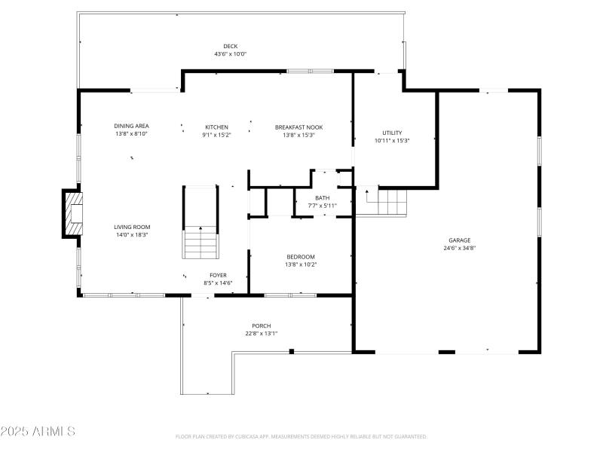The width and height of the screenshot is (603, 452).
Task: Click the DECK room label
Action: (x=230, y=46)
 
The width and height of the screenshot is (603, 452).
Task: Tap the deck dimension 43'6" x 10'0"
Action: (x=230, y=54)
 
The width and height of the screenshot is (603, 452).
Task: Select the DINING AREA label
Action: (x=131, y=126)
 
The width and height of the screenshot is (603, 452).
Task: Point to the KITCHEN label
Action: (x=216, y=127)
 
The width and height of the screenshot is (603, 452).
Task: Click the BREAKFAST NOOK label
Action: (x=298, y=127)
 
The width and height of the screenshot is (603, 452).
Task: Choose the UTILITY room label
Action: (x=392, y=133)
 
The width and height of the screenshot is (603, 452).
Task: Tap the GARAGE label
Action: (x=459, y=240)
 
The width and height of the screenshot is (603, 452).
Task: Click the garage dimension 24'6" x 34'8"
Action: (x=459, y=248)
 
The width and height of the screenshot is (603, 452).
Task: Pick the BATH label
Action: (x=322, y=197)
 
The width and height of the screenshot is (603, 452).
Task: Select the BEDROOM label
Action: (x=300, y=257)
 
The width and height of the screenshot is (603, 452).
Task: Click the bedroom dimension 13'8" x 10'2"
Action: (x=300, y=264)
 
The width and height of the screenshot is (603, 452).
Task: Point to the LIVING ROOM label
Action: (x=132, y=227)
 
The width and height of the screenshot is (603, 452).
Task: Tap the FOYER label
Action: (x=218, y=275)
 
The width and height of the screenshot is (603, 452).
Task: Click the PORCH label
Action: (x=262, y=325)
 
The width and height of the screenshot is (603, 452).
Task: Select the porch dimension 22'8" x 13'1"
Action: (x=262, y=334)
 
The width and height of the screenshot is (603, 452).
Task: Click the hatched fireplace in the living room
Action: (x=73, y=214)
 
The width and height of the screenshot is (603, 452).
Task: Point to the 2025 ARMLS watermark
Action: (x=38, y=432)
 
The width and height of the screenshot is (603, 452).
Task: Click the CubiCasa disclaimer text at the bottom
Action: (x=301, y=436)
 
